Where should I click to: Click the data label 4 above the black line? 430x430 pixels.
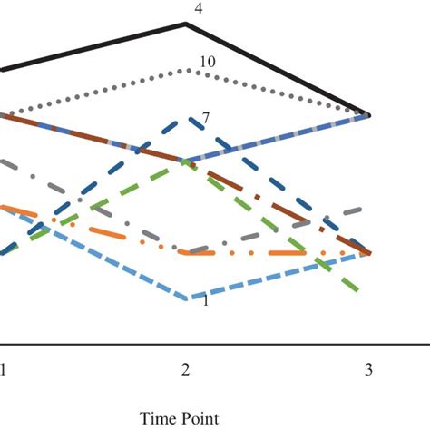199,10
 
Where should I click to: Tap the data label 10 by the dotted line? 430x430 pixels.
206,62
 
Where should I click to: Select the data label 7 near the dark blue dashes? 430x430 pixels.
206,118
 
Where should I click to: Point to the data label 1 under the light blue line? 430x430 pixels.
206,301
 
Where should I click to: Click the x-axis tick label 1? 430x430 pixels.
3,370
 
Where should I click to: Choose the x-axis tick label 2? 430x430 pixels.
185,370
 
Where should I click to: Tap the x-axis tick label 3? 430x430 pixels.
367,370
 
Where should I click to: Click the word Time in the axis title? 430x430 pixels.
156,416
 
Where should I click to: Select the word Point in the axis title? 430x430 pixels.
200,416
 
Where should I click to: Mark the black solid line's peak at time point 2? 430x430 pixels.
186,24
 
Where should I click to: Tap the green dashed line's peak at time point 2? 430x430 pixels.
186,161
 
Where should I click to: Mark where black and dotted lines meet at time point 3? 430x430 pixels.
367,115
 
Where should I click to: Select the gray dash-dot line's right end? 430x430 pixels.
366,208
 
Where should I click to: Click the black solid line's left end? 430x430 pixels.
2,69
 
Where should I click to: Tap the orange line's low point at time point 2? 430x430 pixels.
186,253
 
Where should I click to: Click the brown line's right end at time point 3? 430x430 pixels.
367,253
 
